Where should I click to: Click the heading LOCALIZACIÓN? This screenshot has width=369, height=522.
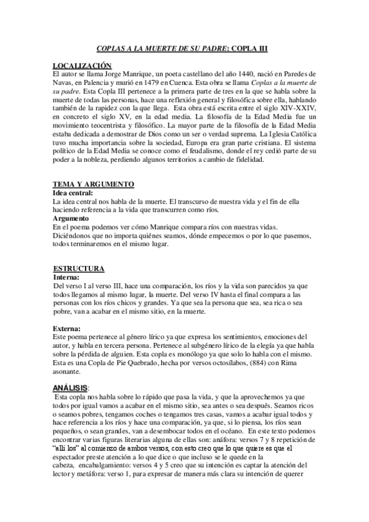(82, 65)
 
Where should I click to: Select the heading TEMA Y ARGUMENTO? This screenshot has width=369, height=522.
(93, 185)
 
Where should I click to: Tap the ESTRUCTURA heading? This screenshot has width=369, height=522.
(79, 269)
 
